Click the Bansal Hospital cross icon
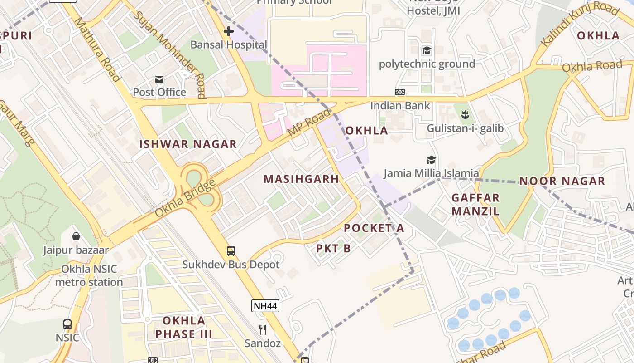(229, 31)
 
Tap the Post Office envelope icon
(159, 79)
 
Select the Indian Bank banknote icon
(400, 92)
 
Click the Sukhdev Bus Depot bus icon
(231, 250)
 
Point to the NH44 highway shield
(265, 306)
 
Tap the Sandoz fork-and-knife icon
(263, 329)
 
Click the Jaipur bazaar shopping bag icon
(76, 236)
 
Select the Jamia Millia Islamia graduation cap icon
(431, 160)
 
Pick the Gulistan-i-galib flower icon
(465, 114)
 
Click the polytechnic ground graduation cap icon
(427, 50)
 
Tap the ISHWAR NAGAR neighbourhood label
(188, 144)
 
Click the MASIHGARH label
(301, 179)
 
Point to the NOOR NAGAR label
(562, 181)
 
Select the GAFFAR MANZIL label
(475, 204)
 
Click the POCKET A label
(374, 228)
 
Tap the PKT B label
(333, 248)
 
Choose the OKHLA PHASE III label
(184, 328)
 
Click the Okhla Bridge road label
(185, 199)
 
